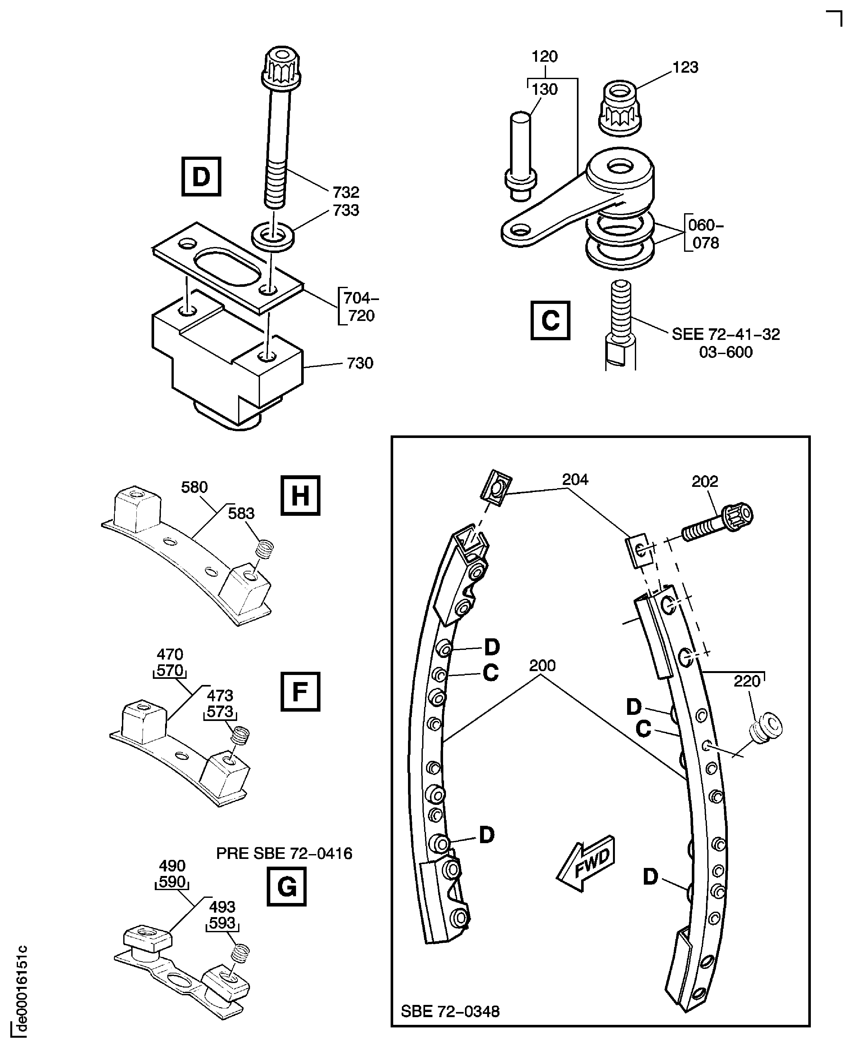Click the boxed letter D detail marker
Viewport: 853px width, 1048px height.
(x=201, y=177)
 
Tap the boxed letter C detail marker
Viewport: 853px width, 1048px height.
(x=550, y=321)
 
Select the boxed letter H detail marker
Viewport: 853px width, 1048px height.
(x=300, y=496)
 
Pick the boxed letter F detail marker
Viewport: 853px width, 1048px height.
(x=300, y=692)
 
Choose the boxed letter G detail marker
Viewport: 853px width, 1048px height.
(x=286, y=887)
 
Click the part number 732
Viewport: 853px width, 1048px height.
(x=346, y=192)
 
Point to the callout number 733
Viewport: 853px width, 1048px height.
(x=346, y=210)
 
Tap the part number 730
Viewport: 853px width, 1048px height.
(x=360, y=363)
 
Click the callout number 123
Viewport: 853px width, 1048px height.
(x=685, y=67)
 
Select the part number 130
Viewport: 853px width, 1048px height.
(x=544, y=89)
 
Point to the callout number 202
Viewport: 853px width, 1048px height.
(x=705, y=482)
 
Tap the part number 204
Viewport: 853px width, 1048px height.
(x=575, y=479)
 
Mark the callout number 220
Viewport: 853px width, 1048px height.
(x=747, y=681)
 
